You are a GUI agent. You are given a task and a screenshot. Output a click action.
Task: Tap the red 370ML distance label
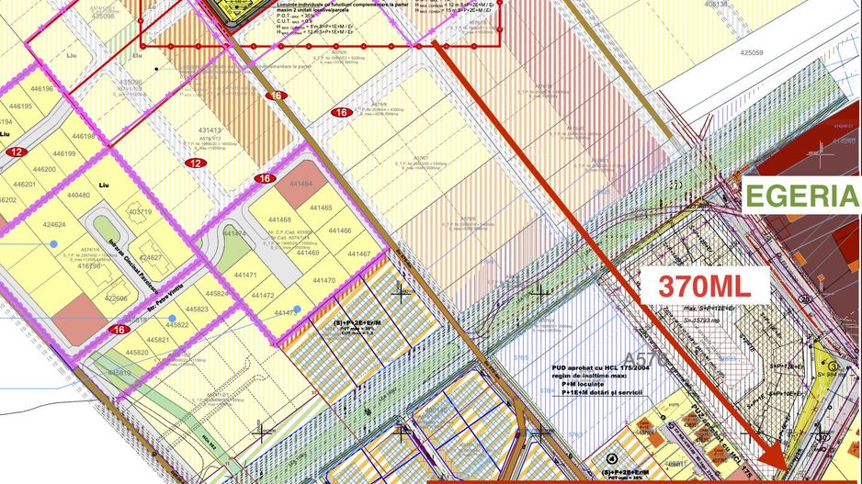click(x=701, y=285)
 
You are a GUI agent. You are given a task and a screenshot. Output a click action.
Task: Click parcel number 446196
click(x=41, y=90)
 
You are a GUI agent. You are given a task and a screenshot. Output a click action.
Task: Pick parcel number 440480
click(x=78, y=196)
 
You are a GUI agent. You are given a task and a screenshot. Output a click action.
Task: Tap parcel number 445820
click(x=136, y=353)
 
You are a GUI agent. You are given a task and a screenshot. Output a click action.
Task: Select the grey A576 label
click(x=642, y=358)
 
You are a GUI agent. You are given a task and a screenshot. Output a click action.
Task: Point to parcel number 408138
click(x=715, y=4)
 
